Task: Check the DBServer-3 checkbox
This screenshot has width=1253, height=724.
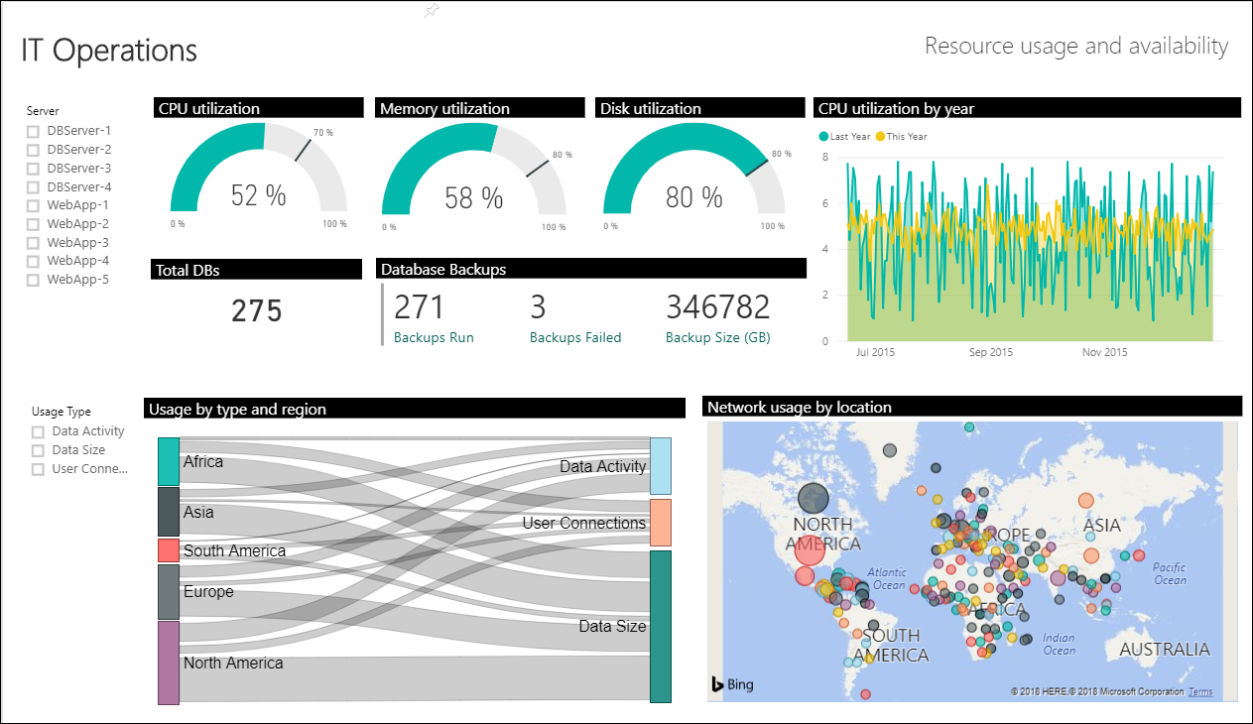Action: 33,169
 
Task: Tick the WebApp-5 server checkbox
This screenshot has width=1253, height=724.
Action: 33,280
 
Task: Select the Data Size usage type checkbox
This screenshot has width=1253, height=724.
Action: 38,450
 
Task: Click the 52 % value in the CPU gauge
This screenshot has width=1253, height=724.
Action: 258,195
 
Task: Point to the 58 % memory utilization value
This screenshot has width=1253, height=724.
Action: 473,197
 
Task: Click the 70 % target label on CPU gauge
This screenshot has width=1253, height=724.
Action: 323,133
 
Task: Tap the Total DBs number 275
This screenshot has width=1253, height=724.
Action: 257,311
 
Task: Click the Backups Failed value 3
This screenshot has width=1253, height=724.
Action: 538,307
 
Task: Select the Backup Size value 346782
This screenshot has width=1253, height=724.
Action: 717,307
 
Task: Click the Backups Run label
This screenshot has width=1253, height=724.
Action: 434,337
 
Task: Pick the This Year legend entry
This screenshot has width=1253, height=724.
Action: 906,136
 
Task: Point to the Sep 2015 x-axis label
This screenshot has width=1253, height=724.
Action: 991,352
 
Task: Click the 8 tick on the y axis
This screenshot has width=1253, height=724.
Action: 824,158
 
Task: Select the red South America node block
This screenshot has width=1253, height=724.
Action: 168,550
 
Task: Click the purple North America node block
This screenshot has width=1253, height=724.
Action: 168,663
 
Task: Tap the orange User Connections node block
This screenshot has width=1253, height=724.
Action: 660,523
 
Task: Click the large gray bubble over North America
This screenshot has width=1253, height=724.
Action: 814,499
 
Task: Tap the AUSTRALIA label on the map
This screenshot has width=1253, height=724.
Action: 1164,650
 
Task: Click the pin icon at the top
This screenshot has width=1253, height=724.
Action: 431,11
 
